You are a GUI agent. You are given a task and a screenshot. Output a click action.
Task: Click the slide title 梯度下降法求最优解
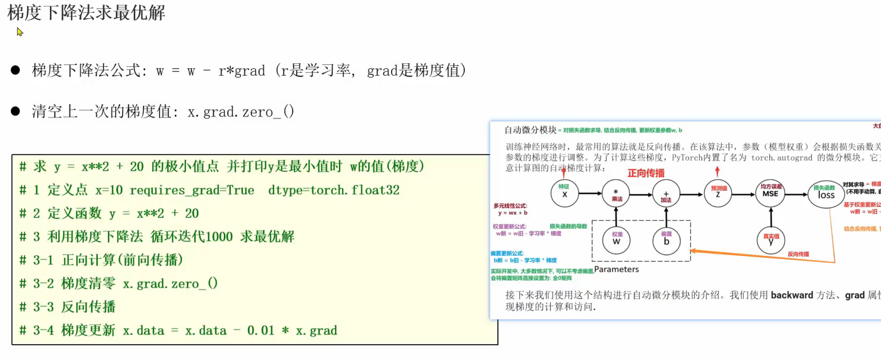(86, 13)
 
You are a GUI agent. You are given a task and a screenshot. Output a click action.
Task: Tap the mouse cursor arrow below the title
(20, 32)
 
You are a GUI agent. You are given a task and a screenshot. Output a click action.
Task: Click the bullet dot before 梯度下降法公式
(15, 70)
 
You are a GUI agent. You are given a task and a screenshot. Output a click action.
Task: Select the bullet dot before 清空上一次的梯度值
(15, 111)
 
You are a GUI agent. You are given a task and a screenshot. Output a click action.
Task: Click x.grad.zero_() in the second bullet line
(240, 112)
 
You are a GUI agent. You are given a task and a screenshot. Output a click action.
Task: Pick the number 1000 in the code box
(219, 237)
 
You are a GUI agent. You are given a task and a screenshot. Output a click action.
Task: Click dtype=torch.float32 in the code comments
(334, 190)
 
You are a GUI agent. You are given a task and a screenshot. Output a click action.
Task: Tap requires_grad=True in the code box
(192, 190)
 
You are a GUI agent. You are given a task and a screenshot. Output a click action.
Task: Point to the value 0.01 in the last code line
(260, 330)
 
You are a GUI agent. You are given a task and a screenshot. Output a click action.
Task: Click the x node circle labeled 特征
(565, 194)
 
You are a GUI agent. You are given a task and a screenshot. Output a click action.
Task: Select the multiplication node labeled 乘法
(616, 194)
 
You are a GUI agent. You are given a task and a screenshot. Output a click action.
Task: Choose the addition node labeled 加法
(666, 194)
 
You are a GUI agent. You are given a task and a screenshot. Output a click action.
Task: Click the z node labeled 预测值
(718, 194)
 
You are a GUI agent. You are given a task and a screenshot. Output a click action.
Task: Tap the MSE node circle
(770, 194)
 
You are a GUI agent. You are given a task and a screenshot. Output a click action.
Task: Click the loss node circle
(826, 194)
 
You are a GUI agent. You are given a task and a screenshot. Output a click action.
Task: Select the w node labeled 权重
(616, 240)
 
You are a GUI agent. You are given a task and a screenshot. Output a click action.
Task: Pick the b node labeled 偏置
(666, 240)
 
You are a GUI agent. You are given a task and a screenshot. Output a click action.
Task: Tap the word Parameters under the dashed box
(616, 269)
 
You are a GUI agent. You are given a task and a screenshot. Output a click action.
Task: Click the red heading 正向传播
(646, 173)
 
